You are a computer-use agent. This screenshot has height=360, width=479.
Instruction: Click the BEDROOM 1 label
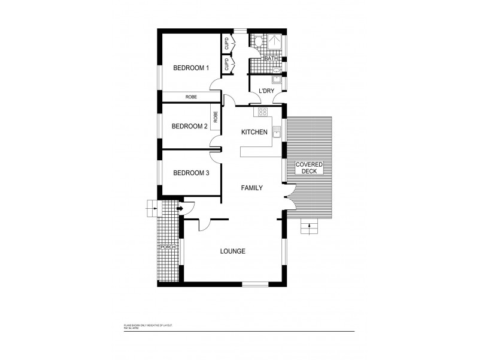pyautogui.click(x=191, y=68)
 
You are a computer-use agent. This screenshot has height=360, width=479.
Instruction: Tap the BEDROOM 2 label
pyautogui.click(x=189, y=126)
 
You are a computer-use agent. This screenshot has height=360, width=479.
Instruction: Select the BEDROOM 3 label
pyautogui.click(x=190, y=173)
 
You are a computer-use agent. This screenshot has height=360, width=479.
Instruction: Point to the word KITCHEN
pyautogui.click(x=254, y=132)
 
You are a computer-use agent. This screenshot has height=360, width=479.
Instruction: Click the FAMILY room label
pyautogui.click(x=252, y=188)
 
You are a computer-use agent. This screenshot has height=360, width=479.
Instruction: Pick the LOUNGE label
pyautogui.click(x=233, y=251)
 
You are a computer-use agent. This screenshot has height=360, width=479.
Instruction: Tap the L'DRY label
pyautogui.click(x=266, y=91)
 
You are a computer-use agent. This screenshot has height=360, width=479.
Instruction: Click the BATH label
pyautogui.click(x=271, y=59)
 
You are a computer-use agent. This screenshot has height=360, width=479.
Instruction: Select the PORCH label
pyautogui.click(x=166, y=247)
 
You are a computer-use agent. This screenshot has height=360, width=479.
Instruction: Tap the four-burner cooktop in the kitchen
pyautogui.click(x=262, y=112)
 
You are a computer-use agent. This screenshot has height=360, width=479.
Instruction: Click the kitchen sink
pyautogui.click(x=276, y=131)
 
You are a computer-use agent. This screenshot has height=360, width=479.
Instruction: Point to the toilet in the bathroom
pyautogui.click(x=257, y=40)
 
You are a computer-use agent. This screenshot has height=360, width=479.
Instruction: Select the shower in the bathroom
pyautogui.click(x=274, y=41)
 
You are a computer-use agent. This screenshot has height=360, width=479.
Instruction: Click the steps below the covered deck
pyautogui.click(x=309, y=226)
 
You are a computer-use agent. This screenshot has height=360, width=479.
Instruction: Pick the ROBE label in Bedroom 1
pyautogui.click(x=191, y=97)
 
